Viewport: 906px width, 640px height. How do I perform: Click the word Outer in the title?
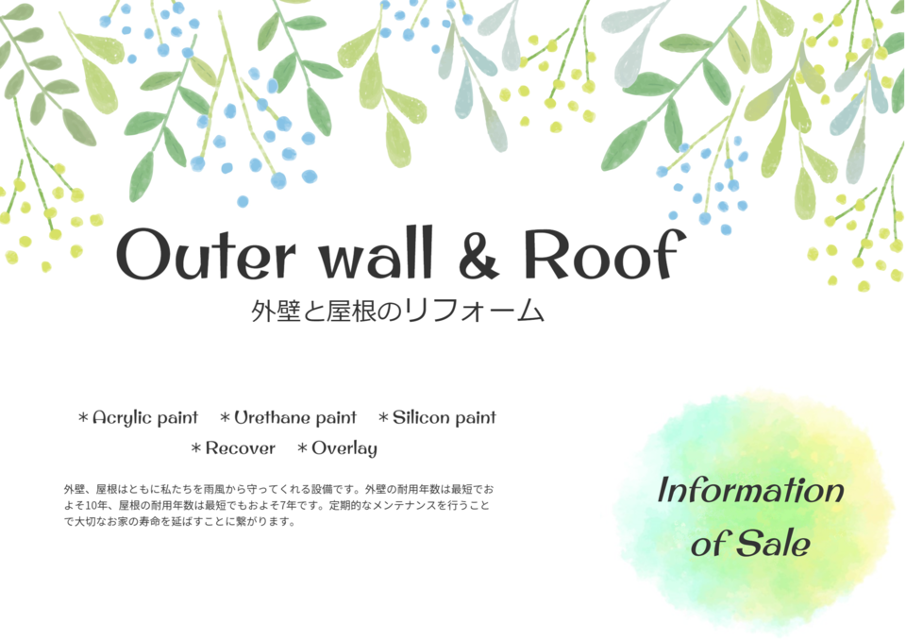point(206,254)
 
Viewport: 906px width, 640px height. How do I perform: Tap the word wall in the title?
point(377,253)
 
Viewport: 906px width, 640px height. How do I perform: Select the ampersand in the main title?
point(479,254)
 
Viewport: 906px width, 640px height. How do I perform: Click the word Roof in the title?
point(605,254)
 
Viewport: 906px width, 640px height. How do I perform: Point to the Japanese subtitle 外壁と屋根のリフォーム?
point(397,312)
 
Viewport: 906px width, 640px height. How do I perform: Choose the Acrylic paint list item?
point(145,418)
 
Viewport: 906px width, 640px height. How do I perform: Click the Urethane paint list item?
point(295,417)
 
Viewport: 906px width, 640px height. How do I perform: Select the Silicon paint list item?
point(445,417)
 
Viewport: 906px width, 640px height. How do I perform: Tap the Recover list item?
point(241,448)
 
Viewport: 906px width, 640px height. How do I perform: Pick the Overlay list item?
point(344,448)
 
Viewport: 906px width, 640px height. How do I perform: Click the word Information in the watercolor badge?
point(750,490)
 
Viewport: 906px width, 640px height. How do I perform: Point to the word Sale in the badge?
point(774,543)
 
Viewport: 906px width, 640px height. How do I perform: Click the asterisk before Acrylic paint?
point(83,417)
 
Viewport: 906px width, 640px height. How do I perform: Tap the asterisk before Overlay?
point(302,448)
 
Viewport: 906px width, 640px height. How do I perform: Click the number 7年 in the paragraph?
point(287,505)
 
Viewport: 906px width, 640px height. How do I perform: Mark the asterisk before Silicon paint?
point(383,417)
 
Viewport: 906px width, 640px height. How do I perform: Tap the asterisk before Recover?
point(196,448)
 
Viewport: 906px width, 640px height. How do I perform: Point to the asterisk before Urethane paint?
point(225,417)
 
